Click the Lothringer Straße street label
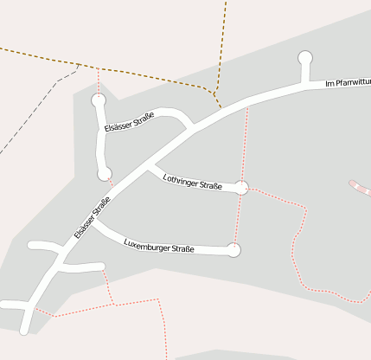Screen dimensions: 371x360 pyautogui.click(x=193, y=181)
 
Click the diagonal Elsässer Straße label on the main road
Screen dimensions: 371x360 pyautogui.click(x=92, y=218)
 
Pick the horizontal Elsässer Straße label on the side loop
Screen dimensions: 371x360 pyautogui.click(x=129, y=122)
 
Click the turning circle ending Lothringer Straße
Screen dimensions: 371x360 pyautogui.click(x=242, y=188)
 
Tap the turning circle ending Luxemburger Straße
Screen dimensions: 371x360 pyautogui.click(x=233, y=250)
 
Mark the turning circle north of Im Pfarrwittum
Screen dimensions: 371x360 pyautogui.click(x=304, y=58)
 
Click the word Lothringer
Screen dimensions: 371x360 pyautogui.click(x=182, y=178)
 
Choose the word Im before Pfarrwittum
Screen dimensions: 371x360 pyautogui.click(x=329, y=85)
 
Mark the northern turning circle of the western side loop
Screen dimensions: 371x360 pyautogui.click(x=99, y=101)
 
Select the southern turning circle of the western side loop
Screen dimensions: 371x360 pyautogui.click(x=105, y=174)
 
